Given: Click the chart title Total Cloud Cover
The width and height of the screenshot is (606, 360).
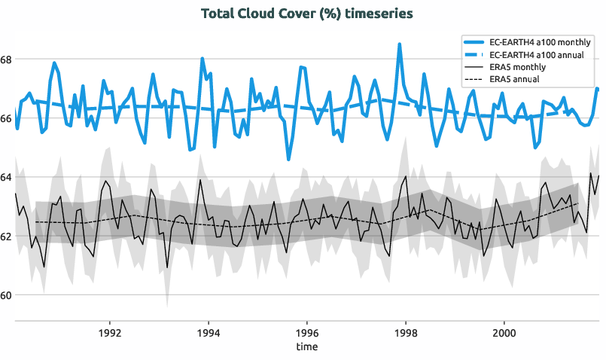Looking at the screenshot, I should [307, 14].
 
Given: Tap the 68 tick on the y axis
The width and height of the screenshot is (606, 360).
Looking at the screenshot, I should [7, 59].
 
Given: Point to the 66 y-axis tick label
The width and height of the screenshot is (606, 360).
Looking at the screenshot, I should [7, 118].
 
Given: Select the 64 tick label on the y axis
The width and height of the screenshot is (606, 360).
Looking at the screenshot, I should [7, 177].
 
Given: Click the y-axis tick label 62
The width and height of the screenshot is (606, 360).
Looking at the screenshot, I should [7, 236].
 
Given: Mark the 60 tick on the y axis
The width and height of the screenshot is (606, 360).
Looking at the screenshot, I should [7, 295].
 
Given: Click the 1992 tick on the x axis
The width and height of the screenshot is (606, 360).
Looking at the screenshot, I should [110, 331].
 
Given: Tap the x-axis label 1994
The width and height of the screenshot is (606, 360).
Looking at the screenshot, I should [209, 331].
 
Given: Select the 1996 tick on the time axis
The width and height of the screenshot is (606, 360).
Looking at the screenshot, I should [307, 331].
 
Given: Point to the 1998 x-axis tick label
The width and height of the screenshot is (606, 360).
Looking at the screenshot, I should [406, 331].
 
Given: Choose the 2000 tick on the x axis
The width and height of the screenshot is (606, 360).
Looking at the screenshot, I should [504, 331].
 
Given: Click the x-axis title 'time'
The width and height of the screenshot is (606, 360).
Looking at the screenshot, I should [307, 346].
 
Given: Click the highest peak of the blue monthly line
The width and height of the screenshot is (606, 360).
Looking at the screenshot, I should [400, 44].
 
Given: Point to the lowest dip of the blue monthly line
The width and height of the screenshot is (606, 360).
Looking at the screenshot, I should [288, 159].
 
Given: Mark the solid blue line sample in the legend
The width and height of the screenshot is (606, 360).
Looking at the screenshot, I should [474, 42].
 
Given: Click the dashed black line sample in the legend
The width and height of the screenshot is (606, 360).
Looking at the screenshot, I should [474, 79].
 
